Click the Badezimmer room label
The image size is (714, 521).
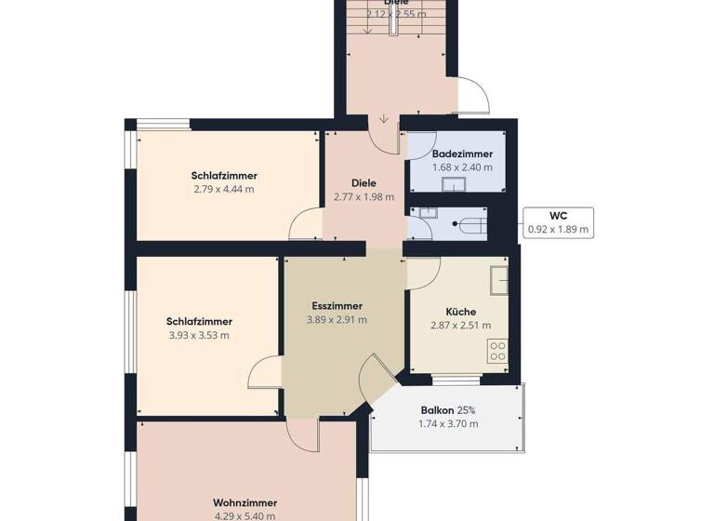[462, 154]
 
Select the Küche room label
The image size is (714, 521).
[461, 312]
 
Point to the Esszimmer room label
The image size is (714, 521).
[336, 305]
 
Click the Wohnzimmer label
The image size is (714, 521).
[245, 502]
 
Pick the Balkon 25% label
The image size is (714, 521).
[448, 410]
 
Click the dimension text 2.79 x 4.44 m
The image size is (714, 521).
[224, 189]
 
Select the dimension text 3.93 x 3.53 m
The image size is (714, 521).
[199, 335]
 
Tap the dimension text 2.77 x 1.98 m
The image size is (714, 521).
[364, 196]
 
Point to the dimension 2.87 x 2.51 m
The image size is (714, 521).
[461, 326]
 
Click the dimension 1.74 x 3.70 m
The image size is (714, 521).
[448, 424]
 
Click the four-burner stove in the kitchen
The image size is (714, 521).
[498, 351]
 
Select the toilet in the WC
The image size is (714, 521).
[470, 224]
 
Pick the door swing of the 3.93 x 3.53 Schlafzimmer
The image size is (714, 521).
[268, 373]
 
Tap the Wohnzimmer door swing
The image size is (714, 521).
[303, 431]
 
